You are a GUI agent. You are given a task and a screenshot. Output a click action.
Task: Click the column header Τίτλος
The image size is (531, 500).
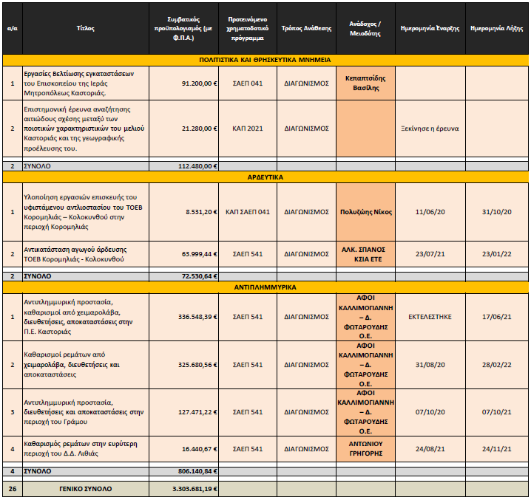(x=85, y=28)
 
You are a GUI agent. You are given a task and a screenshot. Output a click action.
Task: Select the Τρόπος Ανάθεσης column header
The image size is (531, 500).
(x=306, y=28)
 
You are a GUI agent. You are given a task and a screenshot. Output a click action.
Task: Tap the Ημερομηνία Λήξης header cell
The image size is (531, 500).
(x=496, y=28)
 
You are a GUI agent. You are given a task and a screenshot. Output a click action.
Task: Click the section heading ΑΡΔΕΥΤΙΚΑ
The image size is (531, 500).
(x=265, y=177)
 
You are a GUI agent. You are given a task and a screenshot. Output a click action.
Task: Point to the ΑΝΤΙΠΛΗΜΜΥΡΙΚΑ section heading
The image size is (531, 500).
(x=265, y=287)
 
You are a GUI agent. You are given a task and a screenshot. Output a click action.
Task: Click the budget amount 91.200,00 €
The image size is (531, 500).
(x=200, y=83)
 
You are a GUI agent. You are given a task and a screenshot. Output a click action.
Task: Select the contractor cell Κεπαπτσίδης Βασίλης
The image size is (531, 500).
(x=365, y=83)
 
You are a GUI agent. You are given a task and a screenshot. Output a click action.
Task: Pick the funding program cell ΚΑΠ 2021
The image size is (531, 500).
(x=248, y=129)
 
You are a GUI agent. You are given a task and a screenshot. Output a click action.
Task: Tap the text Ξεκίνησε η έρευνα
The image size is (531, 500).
(x=430, y=129)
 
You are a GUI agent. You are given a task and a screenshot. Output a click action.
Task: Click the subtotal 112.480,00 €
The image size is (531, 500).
(x=197, y=166)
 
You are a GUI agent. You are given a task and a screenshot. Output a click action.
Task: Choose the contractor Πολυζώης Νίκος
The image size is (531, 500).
(x=366, y=212)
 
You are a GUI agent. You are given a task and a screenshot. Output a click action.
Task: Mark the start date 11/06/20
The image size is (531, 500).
(x=430, y=212)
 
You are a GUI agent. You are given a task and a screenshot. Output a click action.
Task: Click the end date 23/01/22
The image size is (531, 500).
(x=496, y=254)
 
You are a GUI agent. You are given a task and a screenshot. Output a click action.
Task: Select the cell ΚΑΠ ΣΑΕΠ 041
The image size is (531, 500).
(x=248, y=212)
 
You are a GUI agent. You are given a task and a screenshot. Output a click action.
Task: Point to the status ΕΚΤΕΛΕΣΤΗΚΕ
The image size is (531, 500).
(x=430, y=317)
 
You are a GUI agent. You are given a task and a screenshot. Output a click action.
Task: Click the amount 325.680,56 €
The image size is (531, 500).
(x=197, y=365)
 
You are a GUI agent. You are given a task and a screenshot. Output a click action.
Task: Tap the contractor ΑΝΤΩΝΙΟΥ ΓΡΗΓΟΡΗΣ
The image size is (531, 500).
(x=366, y=448)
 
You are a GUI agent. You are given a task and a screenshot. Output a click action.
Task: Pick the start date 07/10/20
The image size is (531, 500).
(x=430, y=412)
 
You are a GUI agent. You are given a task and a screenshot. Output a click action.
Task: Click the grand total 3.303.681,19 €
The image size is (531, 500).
(x=195, y=489)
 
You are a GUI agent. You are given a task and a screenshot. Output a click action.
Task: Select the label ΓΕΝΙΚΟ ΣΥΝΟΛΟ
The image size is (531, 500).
(x=85, y=489)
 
